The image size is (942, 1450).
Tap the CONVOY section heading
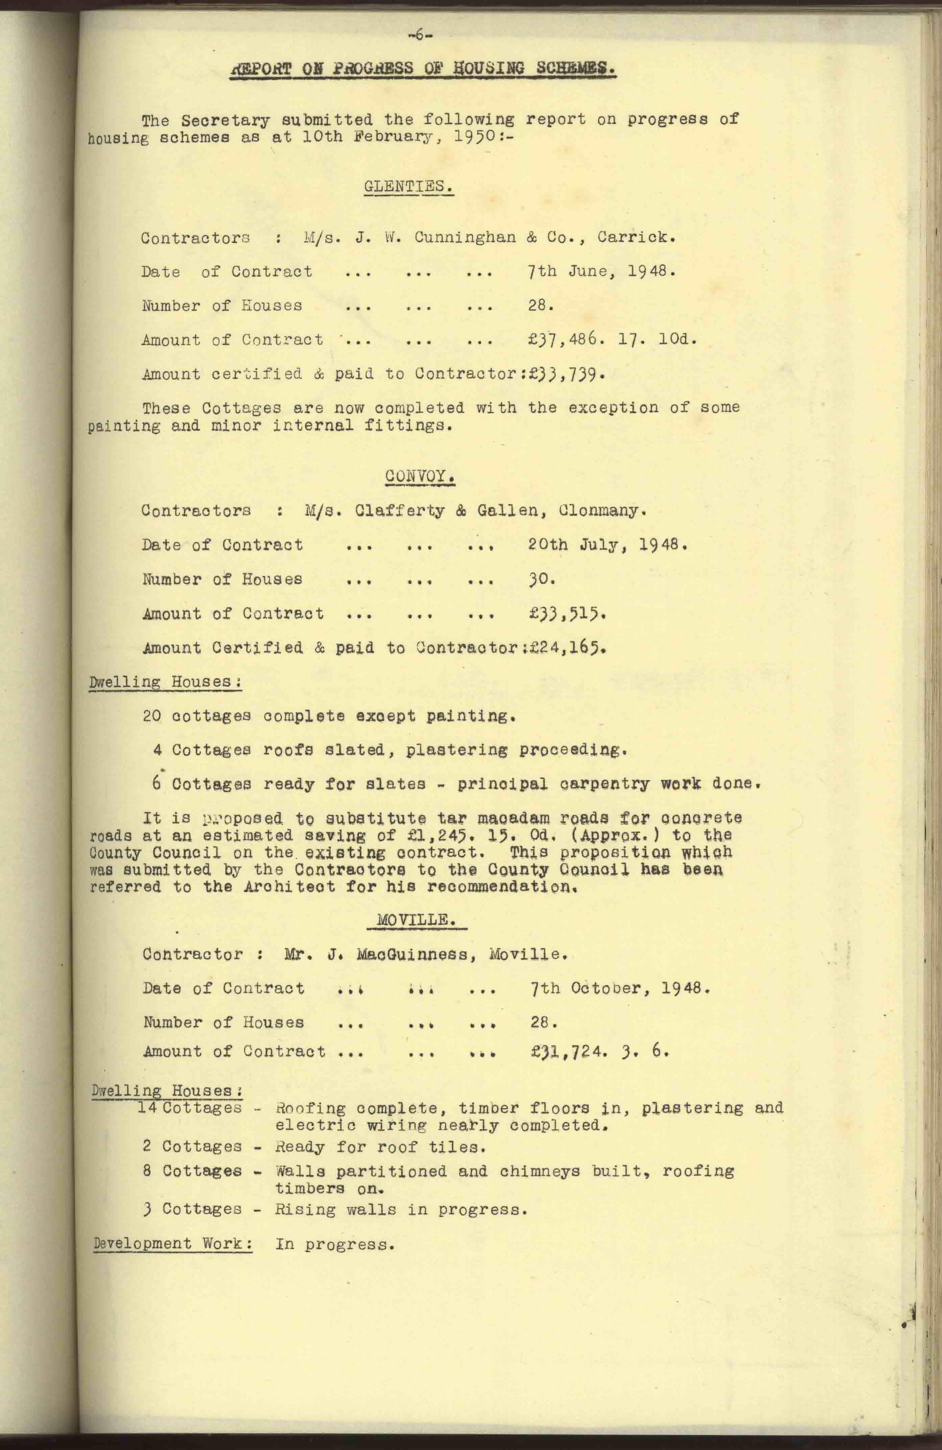coord(420,476)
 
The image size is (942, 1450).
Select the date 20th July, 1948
coord(607,544)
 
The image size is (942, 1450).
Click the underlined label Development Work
coord(173,1243)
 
